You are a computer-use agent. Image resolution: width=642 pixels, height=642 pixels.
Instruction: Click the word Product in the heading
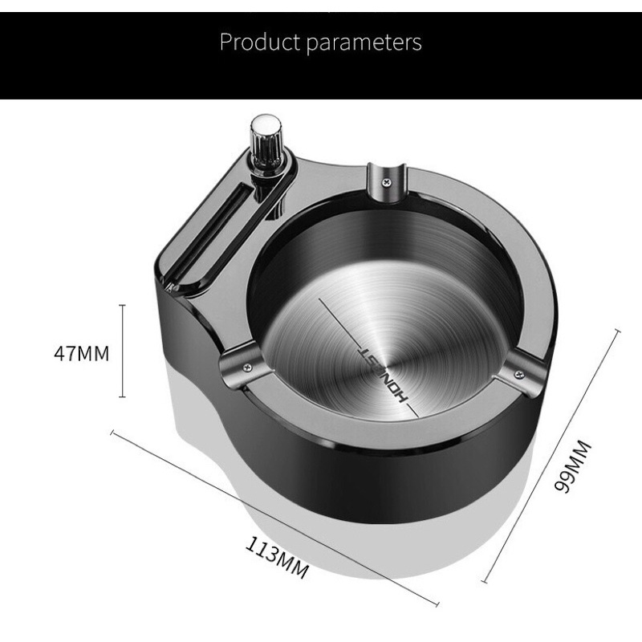(260, 42)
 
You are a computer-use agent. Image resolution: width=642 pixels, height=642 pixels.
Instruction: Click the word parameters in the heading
(364, 43)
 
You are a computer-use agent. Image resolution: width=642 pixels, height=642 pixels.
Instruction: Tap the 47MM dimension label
(82, 353)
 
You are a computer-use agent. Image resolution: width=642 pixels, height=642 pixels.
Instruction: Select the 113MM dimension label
(277, 557)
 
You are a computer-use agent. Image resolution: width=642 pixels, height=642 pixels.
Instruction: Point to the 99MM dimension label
(573, 466)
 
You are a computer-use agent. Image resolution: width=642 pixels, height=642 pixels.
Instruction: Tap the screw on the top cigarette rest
(386, 182)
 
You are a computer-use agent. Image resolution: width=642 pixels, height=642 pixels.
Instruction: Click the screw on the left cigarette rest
(246, 367)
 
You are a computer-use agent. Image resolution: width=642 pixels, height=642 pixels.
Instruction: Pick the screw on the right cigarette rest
(519, 373)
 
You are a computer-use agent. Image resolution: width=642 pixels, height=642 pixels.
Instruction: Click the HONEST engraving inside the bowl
(384, 376)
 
